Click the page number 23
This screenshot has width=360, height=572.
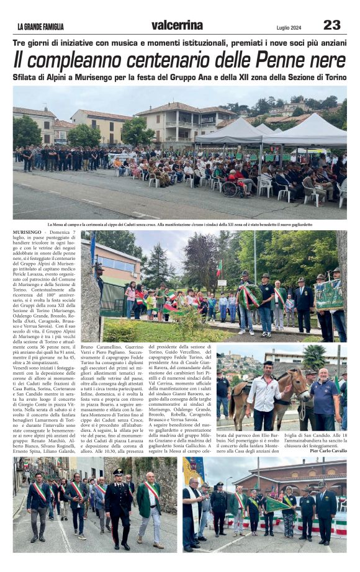331,25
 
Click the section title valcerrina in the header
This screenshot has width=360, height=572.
177,25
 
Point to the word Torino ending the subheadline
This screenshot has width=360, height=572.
332,77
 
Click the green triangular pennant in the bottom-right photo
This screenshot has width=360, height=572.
275,504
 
